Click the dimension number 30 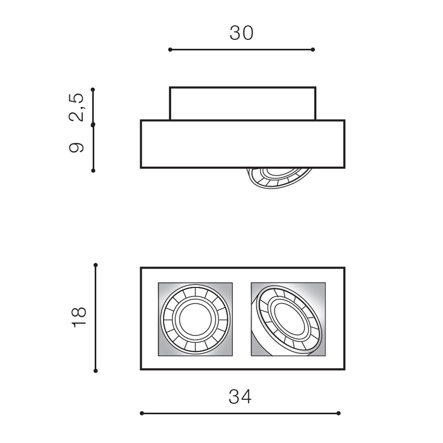pyautogui.click(x=241, y=33)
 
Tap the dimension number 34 pyautogui.click(x=240, y=396)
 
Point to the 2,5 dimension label pyautogui.click(x=77, y=107)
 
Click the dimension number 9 pyautogui.click(x=77, y=147)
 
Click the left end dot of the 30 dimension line pyautogui.click(x=170, y=50)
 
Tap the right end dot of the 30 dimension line pyautogui.click(x=313, y=50)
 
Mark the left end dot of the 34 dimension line pyautogui.click(x=142, y=413)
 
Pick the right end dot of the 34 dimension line pyautogui.click(x=338, y=413)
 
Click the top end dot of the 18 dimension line pyautogui.click(x=96, y=265)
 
